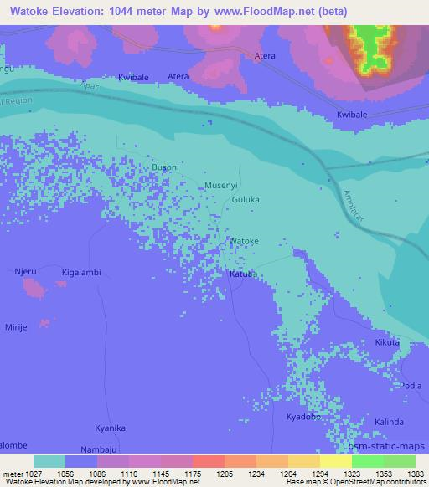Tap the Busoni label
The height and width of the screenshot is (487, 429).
click(x=165, y=167)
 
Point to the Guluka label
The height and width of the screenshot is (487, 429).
click(x=246, y=201)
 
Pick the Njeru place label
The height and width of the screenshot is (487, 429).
click(x=27, y=272)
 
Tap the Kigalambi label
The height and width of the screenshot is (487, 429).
click(x=81, y=273)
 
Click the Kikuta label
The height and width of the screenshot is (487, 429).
click(x=387, y=343)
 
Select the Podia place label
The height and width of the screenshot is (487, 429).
click(x=411, y=385)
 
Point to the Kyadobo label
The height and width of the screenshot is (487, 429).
click(x=302, y=416)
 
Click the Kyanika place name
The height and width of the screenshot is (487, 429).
click(x=110, y=428)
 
